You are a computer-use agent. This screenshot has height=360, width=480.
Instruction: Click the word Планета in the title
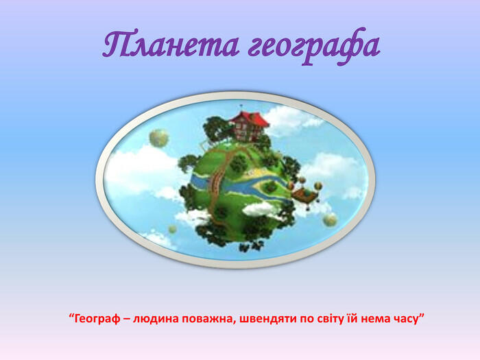point(171,45)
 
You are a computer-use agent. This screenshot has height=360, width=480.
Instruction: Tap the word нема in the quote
point(376,320)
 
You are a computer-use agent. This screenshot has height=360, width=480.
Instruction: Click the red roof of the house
point(250,119)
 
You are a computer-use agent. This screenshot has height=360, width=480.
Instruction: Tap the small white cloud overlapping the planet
point(259,209)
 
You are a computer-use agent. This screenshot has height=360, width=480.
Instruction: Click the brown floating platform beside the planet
point(303,195)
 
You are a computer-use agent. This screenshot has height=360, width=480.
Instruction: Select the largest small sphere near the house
point(159,138)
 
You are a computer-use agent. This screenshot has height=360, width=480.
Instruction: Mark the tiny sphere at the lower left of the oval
point(172,229)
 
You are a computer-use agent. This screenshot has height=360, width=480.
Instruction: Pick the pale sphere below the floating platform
point(330,219)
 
